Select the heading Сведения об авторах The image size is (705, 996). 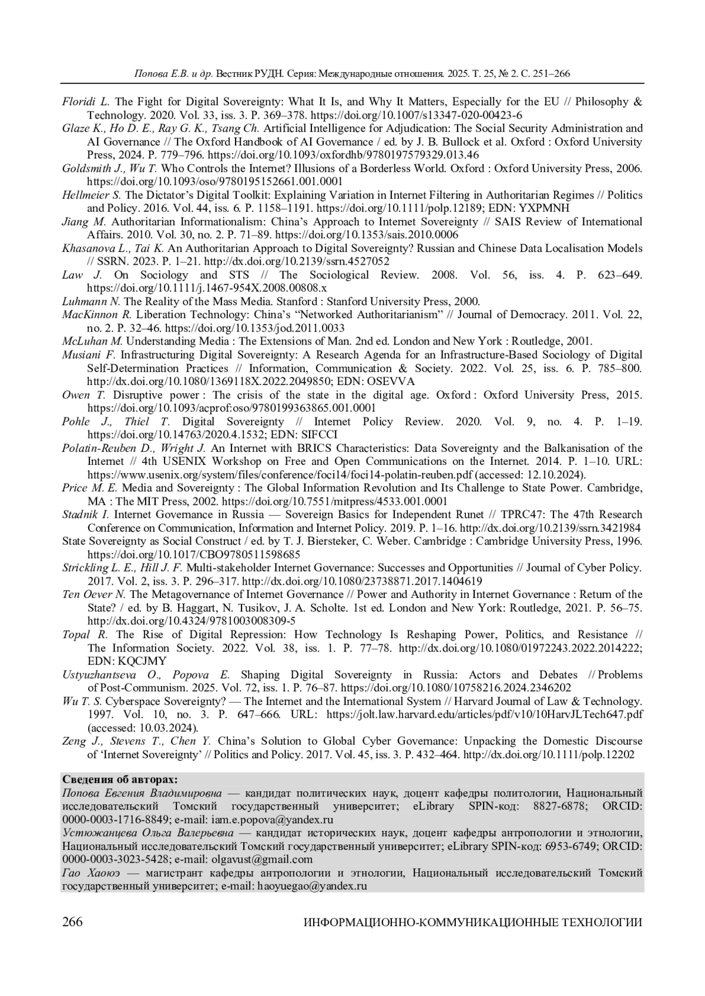point(119,779)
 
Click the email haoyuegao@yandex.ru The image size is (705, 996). point(312,886)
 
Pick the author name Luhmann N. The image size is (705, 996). point(91,302)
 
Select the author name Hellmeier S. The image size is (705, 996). point(92,195)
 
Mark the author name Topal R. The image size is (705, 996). point(85,634)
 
